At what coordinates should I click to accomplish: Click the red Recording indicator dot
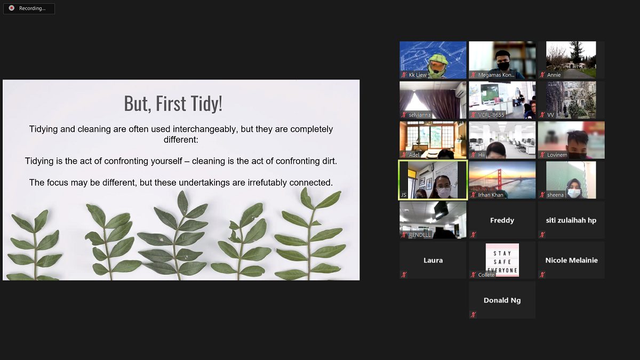pyautogui.click(x=11, y=8)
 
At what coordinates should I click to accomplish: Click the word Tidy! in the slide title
pyautogui.click(x=206, y=103)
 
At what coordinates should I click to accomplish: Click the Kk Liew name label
pyautogui.click(x=418, y=75)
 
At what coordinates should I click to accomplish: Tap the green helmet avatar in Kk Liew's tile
pyautogui.click(x=437, y=67)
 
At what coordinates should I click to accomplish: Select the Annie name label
pyautogui.click(x=554, y=75)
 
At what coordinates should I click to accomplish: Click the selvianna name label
pyautogui.click(x=419, y=115)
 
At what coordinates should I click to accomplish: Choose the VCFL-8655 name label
pyautogui.click(x=491, y=115)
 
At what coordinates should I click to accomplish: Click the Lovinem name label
pyautogui.click(x=557, y=155)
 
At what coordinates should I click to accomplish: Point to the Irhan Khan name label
pyautogui.click(x=491, y=195)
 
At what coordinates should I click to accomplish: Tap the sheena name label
pyautogui.click(x=555, y=195)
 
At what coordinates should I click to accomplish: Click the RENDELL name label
pyautogui.click(x=419, y=235)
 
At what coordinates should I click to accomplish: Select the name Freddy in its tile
pyautogui.click(x=502, y=220)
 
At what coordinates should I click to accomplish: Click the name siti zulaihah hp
pyautogui.click(x=571, y=220)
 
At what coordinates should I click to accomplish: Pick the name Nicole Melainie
pyautogui.click(x=571, y=260)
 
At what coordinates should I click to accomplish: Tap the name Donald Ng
pyautogui.click(x=502, y=300)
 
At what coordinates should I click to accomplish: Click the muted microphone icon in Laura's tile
pyautogui.click(x=404, y=275)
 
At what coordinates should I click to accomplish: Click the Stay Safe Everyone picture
pyautogui.click(x=502, y=260)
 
